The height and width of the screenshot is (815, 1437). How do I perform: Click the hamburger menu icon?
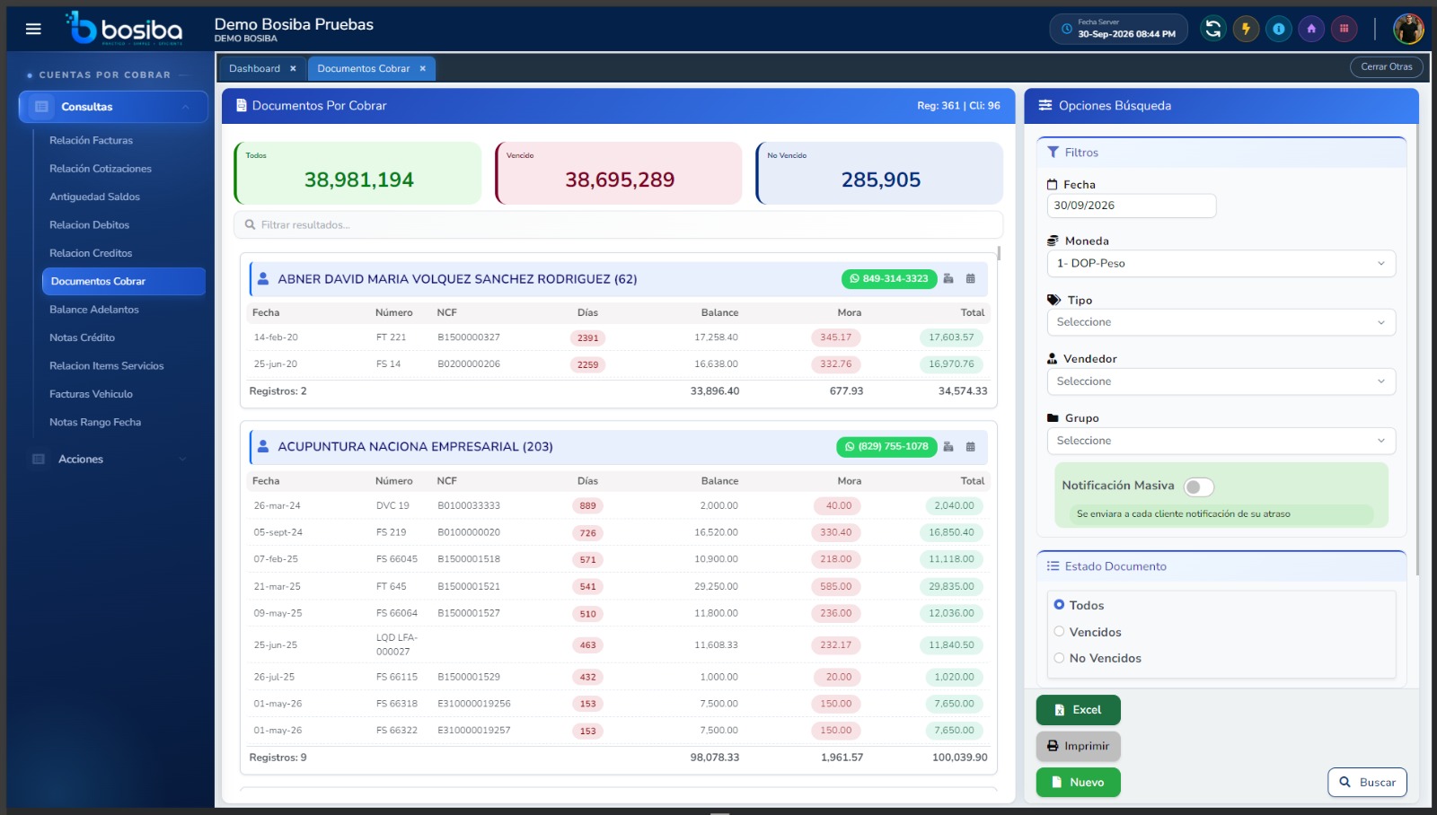tap(33, 29)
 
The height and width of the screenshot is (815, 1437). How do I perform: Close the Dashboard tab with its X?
tap(293, 68)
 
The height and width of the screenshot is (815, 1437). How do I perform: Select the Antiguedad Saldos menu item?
tap(94, 197)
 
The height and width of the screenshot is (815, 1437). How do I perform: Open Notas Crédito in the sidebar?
tap(82, 337)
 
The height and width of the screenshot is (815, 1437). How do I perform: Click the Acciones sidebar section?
tap(81, 460)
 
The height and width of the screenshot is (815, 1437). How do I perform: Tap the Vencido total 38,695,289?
tap(620, 180)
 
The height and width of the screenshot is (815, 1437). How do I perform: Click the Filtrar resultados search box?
tap(618, 224)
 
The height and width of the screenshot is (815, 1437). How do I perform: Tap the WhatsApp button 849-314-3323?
tap(889, 279)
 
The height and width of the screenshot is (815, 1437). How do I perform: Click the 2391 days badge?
tap(587, 337)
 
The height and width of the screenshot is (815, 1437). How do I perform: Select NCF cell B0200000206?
tap(469, 364)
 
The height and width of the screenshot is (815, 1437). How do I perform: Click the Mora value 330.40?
tap(835, 532)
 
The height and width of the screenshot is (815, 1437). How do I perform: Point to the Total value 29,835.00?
tap(951, 586)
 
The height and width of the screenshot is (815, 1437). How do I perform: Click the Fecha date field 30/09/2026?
tap(1132, 206)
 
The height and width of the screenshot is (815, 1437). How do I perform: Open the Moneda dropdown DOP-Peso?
tap(1221, 264)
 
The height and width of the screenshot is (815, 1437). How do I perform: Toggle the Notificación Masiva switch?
tap(1198, 486)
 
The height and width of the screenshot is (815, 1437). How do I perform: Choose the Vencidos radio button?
tap(1059, 632)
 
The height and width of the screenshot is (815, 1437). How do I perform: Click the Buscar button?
tap(1367, 783)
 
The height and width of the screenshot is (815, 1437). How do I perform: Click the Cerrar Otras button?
tap(1387, 66)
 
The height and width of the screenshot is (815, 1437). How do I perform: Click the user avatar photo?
tap(1408, 29)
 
